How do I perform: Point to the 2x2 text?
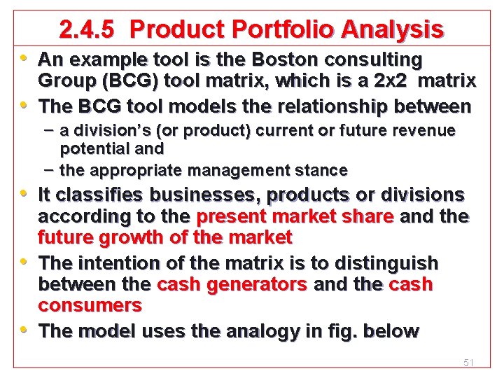click(395, 80)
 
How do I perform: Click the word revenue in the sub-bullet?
click(428, 130)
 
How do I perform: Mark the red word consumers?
click(90, 306)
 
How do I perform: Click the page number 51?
click(468, 363)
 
